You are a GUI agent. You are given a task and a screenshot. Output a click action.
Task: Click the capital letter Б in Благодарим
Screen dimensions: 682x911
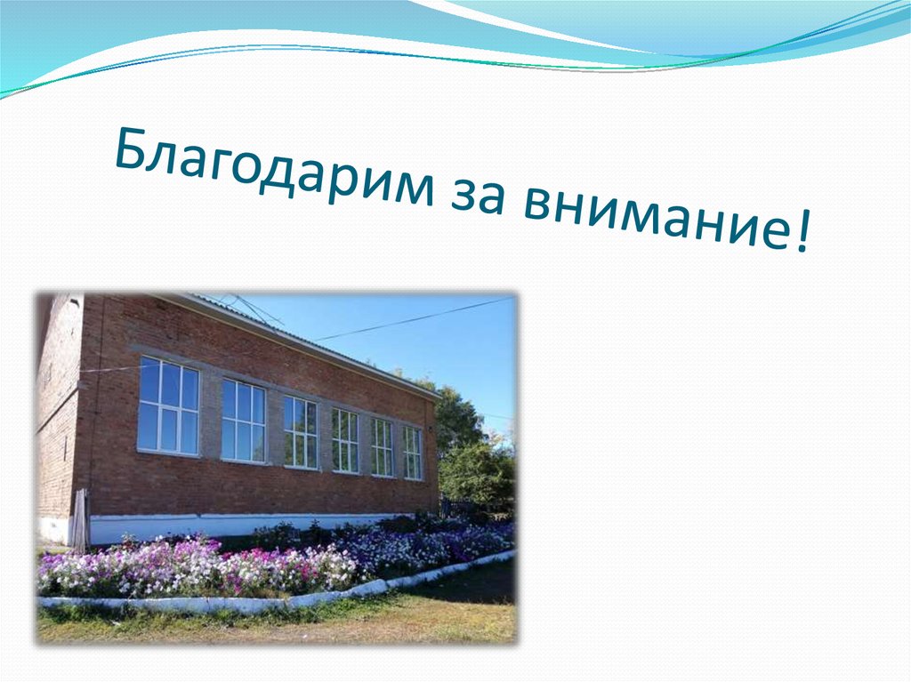point(132,148)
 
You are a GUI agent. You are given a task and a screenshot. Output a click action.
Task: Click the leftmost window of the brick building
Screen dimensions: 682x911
point(168,405)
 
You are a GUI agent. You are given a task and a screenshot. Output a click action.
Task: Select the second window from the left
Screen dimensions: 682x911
point(243,420)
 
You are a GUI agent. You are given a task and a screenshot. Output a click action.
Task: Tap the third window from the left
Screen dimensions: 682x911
point(300,432)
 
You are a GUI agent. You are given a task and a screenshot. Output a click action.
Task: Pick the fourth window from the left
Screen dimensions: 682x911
point(345,440)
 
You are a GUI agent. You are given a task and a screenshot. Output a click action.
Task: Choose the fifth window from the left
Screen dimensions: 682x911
point(382,447)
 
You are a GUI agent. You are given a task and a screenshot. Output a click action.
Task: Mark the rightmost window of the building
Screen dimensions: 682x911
point(412,453)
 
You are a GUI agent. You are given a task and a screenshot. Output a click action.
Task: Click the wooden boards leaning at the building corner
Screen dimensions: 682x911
point(81,520)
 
